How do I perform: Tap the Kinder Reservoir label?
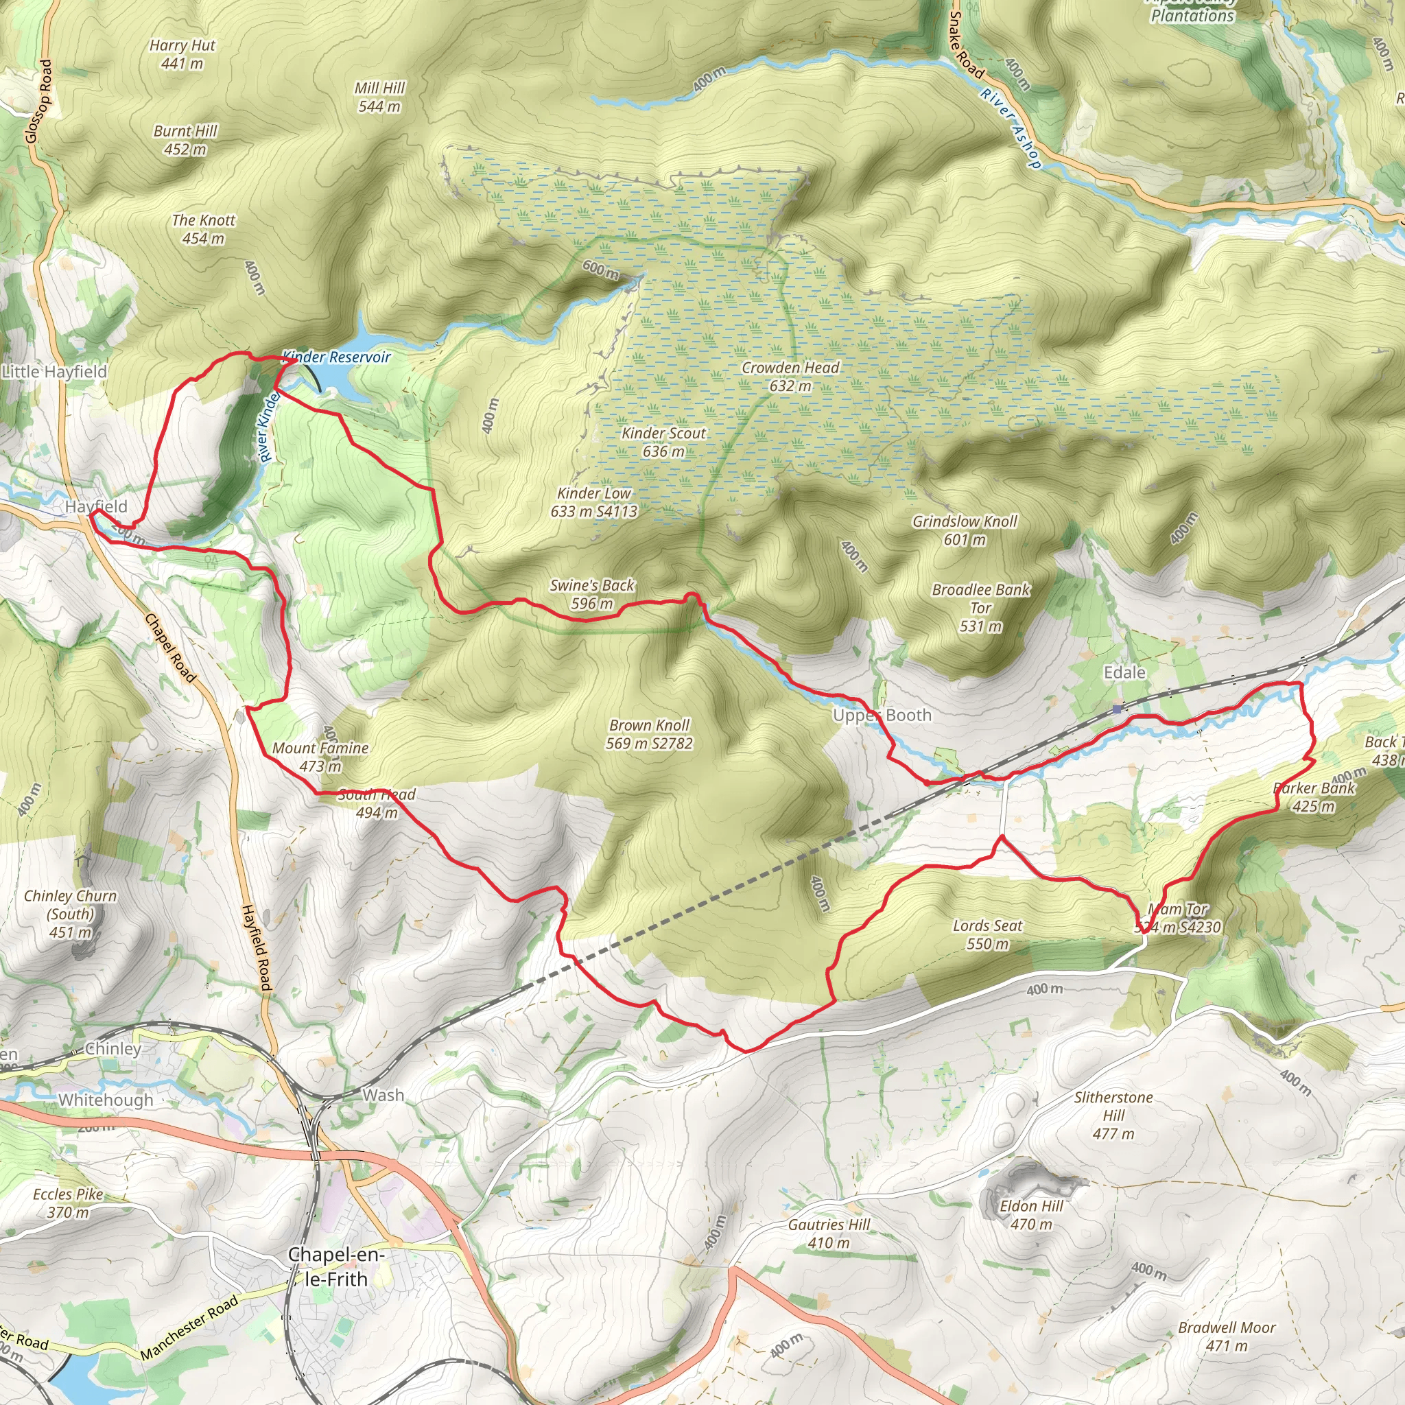point(337,357)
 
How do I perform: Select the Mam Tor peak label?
point(1178,918)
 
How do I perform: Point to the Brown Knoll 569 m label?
point(649,734)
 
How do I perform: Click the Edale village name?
point(1124,673)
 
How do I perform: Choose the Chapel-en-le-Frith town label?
point(336,1267)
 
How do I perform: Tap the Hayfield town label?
point(96,506)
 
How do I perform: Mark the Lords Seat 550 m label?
point(988,934)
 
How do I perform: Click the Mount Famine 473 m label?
point(320,756)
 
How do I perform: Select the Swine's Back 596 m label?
point(592,594)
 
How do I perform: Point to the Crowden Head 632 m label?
point(790,377)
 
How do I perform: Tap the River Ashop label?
point(1011,128)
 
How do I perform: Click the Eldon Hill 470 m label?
point(1031,1214)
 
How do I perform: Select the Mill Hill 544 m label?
point(379,97)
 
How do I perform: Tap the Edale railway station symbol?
point(1117,708)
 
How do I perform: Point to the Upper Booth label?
point(882,715)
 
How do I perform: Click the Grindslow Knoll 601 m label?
point(965,530)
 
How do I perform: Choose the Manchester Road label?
point(189,1327)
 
